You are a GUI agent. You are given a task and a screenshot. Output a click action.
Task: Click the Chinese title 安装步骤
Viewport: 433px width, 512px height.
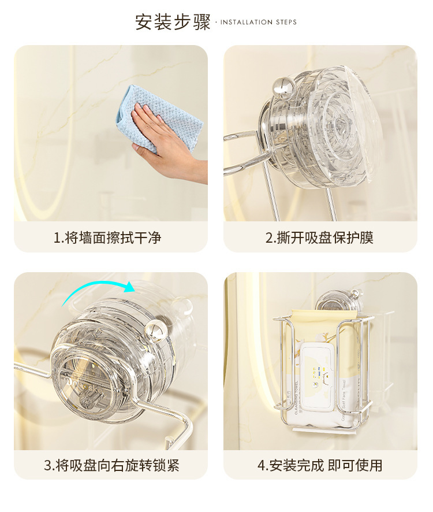click(x=173, y=22)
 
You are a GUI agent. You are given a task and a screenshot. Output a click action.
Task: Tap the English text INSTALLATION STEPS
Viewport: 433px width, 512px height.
click(x=258, y=23)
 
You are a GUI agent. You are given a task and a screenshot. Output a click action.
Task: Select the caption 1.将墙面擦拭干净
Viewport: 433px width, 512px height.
click(x=107, y=238)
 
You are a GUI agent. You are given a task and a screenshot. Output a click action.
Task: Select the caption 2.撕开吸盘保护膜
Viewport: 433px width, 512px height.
click(x=319, y=238)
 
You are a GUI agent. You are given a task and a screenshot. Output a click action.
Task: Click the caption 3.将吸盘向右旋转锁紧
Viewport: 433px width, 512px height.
click(x=111, y=465)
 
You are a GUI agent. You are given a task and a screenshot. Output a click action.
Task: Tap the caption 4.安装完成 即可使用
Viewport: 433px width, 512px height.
click(x=319, y=465)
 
